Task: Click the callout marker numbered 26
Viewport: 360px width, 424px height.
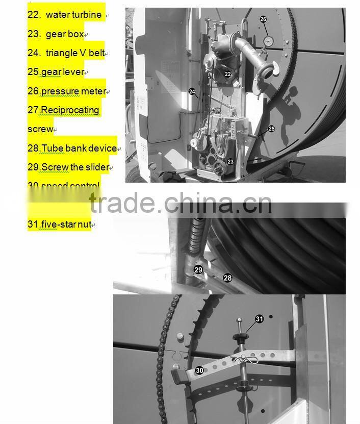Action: point(263,19)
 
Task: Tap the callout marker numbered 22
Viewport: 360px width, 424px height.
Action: point(228,74)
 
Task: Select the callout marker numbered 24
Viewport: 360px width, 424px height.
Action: point(192,92)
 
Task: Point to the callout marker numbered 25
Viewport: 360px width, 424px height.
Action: point(271,129)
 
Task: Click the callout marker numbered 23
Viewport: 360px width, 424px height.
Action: point(230,161)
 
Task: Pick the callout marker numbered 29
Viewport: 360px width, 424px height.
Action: point(198,269)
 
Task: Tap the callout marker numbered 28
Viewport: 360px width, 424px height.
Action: point(227,278)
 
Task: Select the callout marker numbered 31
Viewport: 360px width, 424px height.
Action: point(260,319)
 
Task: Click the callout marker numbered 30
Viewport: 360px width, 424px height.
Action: point(199,370)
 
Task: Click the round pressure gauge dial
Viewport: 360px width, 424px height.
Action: point(267,40)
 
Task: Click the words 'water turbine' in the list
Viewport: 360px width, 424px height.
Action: point(73,15)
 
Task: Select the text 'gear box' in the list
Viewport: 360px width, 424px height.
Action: point(64,34)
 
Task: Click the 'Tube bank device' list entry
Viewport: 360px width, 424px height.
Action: point(79,148)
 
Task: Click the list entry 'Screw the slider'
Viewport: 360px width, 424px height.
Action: point(75,167)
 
